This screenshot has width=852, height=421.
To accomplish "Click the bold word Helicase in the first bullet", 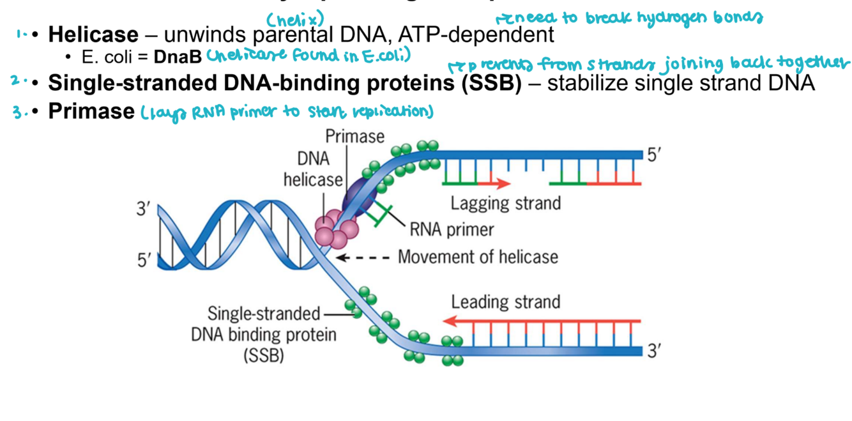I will click(x=93, y=34).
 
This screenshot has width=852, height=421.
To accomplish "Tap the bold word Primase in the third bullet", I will click(x=91, y=111).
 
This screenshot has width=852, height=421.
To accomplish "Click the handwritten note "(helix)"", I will click(x=296, y=19).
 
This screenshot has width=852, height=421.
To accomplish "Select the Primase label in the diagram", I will click(x=354, y=136).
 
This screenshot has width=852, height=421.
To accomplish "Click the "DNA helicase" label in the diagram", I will click(x=312, y=169).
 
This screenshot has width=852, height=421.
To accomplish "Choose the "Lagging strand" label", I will click(x=505, y=203).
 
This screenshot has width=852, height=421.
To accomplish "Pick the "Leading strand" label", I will click(x=505, y=302).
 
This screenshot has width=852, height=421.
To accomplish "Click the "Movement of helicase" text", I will click(x=478, y=257).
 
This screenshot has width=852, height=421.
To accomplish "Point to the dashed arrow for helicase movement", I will click(x=362, y=257).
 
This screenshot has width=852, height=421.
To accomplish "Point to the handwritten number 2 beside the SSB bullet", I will click(x=16, y=81).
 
